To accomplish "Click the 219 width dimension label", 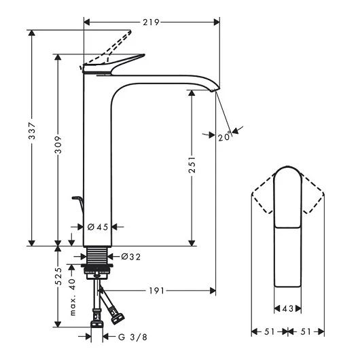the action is pyautogui.click(x=151, y=22).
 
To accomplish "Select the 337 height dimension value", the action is pyautogui.click(x=32, y=131).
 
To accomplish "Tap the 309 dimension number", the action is pyautogui.click(x=58, y=145).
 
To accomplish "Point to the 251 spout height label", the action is pyautogui.click(x=192, y=164).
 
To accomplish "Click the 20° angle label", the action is pyautogui.click(x=224, y=137).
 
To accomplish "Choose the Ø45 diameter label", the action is pyautogui.click(x=98, y=227).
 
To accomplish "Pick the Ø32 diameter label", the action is pyautogui.click(x=130, y=257).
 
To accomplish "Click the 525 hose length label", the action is pyautogui.click(x=58, y=276).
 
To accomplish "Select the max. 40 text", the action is pyautogui.click(x=72, y=297).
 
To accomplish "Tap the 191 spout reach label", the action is pyautogui.click(x=157, y=291).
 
